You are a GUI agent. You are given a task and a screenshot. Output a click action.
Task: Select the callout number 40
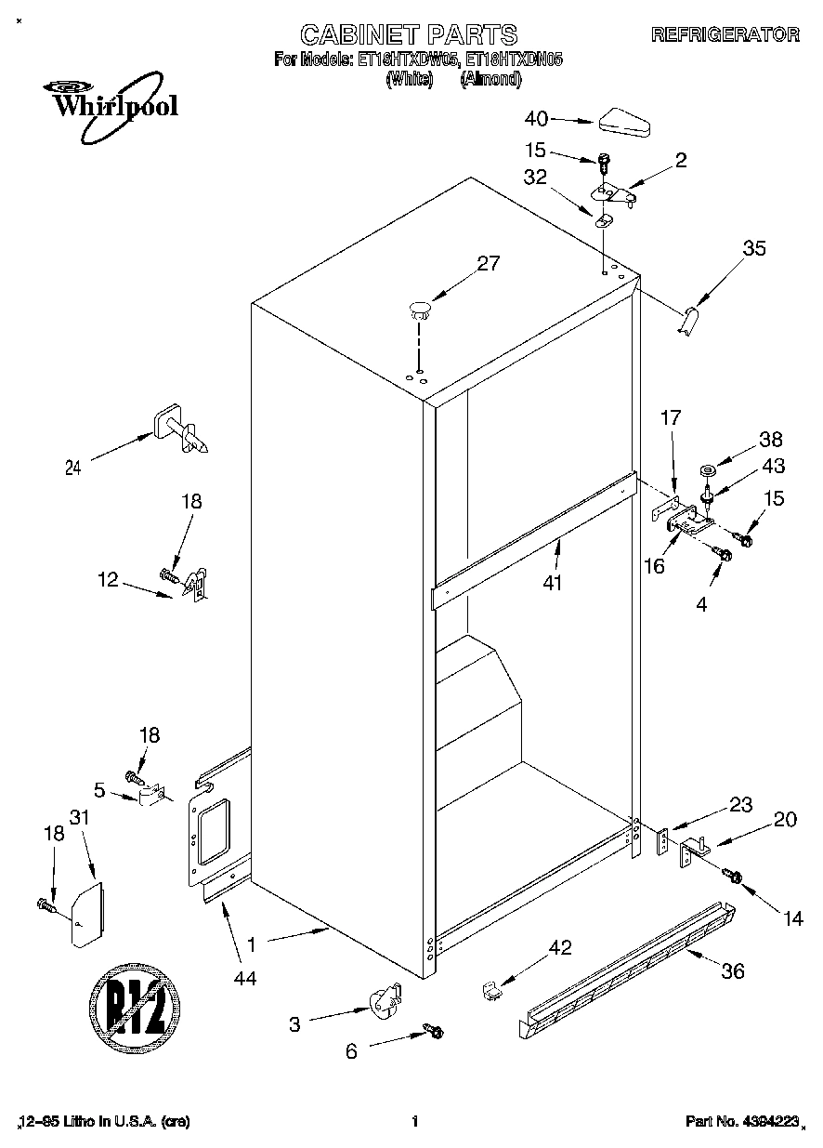point(537,119)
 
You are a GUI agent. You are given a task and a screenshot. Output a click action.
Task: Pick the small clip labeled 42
point(492,991)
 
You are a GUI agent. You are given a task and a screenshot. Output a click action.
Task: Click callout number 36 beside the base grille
point(733,970)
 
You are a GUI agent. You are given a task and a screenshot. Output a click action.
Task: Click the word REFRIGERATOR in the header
point(725,34)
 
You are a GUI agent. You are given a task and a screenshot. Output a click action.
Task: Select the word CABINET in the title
point(359,34)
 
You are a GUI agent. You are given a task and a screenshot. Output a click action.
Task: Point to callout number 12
point(109,580)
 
